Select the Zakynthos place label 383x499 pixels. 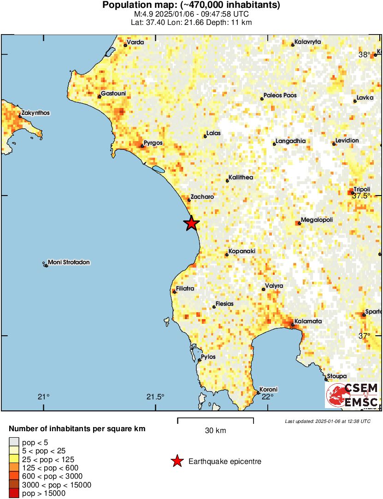(x=35, y=113)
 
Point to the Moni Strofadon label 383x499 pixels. (x=69, y=262)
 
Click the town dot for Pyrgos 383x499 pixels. (x=142, y=147)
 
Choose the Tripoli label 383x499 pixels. (x=362, y=189)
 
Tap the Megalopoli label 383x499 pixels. (x=317, y=220)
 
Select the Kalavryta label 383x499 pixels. (x=308, y=42)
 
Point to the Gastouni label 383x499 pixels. (x=113, y=94)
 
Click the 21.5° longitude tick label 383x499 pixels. (x=155, y=397)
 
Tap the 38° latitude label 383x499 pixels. (x=364, y=54)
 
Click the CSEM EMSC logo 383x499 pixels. (x=352, y=395)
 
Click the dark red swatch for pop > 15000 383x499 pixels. (x=14, y=493)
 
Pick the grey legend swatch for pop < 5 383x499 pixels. (x=14, y=442)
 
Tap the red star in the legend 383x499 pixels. (x=177, y=461)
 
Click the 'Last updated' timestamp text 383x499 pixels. (x=327, y=421)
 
